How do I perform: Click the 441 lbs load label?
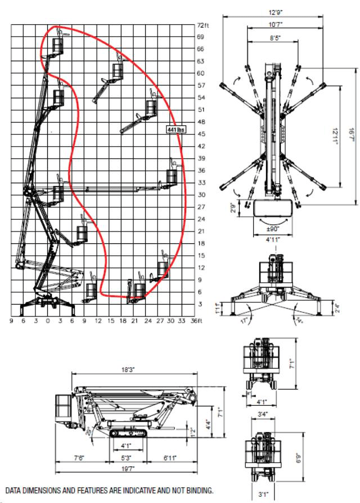click(x=175, y=130)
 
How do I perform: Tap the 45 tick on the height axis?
click(x=201, y=134)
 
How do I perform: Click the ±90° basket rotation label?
click(x=274, y=230)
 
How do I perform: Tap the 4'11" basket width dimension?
click(x=274, y=239)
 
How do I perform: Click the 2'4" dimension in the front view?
click(x=353, y=308)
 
